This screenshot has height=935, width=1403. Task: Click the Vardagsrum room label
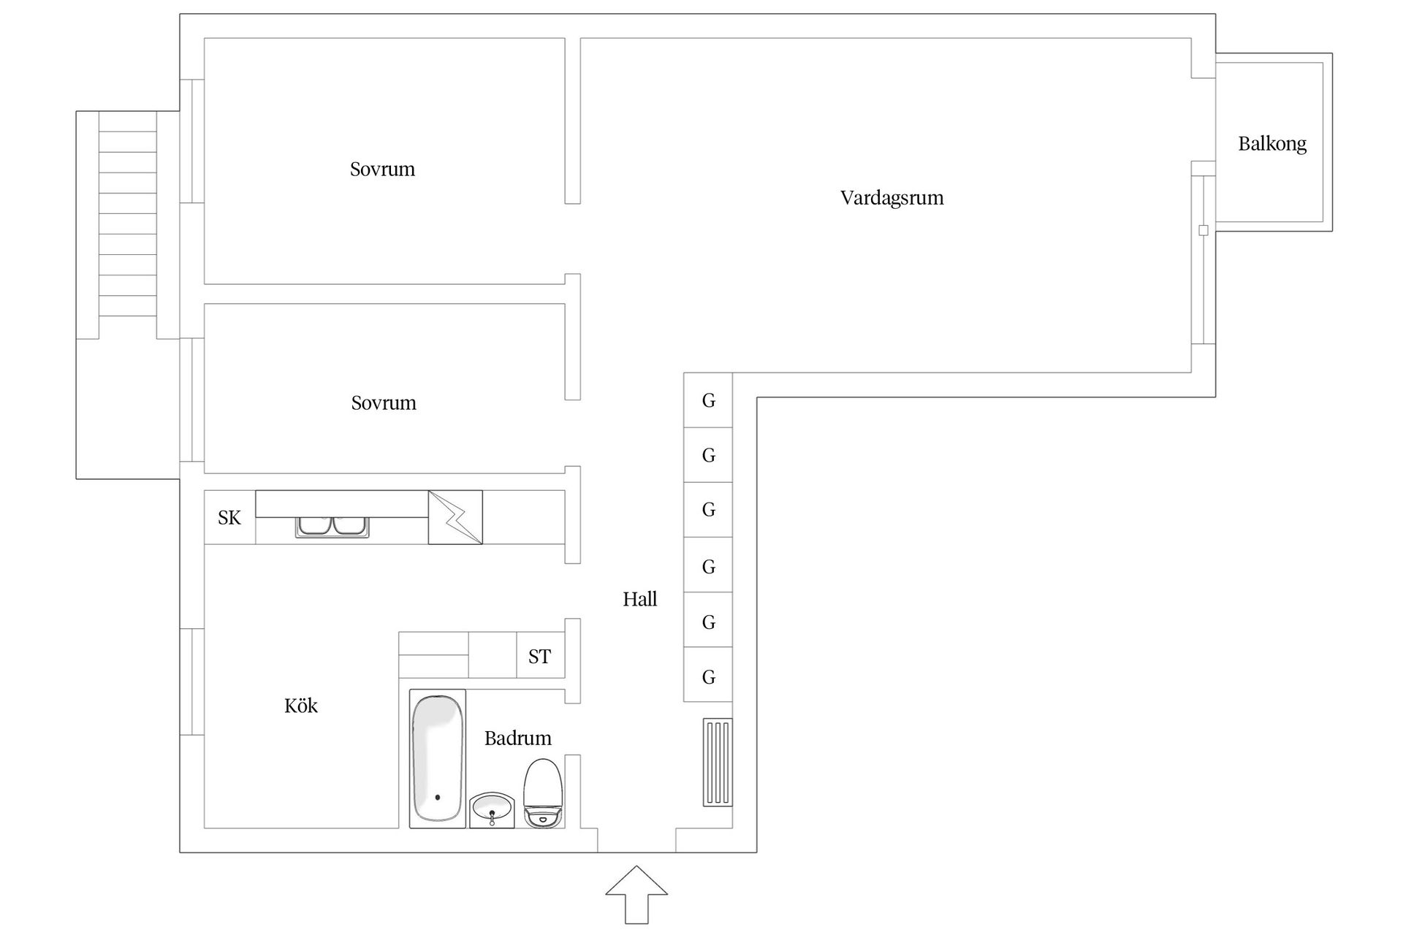tap(891, 198)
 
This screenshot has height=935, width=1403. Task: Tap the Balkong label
tap(1271, 144)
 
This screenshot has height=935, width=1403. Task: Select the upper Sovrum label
tap(382, 169)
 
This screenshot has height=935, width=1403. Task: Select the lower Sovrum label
tap(383, 403)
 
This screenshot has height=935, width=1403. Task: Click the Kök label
tap(301, 706)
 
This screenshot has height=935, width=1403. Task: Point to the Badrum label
tap(517, 739)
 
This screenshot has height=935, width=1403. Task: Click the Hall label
tap(639, 600)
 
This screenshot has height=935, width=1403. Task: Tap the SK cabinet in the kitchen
tap(229, 518)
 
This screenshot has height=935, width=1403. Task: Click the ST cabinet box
tap(540, 657)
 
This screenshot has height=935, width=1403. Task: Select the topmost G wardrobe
tap(708, 400)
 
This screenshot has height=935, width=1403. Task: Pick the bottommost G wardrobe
tap(708, 677)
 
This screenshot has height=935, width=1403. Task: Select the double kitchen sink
tap(332, 527)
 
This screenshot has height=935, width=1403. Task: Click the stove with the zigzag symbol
tap(455, 517)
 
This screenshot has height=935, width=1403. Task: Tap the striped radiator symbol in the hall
tap(718, 762)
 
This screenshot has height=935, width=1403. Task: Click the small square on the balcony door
tap(1204, 230)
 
